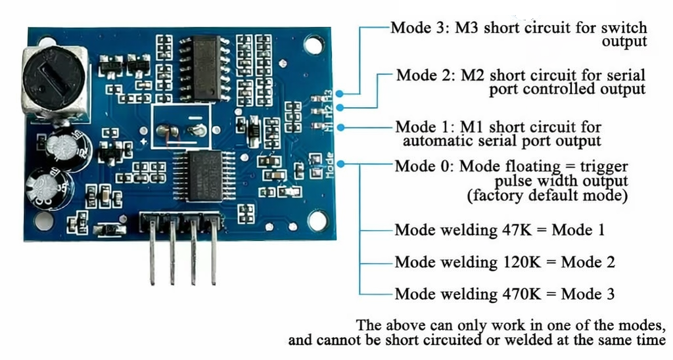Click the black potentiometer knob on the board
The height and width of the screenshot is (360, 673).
(x=53, y=78)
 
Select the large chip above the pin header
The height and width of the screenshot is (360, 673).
(x=204, y=176)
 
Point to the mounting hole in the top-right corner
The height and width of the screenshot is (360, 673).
(x=314, y=45)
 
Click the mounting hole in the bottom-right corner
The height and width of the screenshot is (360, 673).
(x=318, y=221)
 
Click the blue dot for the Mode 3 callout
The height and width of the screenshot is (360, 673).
(x=340, y=94)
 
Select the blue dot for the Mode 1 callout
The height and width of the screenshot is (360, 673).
(x=341, y=127)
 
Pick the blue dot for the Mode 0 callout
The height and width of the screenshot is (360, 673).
(x=341, y=164)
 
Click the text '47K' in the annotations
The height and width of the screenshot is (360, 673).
(x=517, y=230)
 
